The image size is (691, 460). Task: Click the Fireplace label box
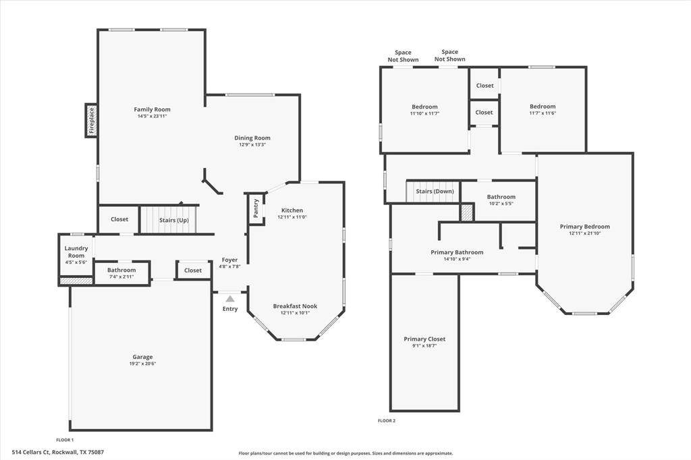[x=91, y=120]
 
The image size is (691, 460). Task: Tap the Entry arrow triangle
[x=230, y=299]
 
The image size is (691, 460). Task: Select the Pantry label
[x=256, y=208]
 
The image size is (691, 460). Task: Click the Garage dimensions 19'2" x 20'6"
[x=142, y=364]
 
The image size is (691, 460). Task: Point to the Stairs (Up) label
[x=174, y=220]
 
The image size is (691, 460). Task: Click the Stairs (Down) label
[x=435, y=192]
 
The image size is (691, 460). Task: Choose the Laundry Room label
[x=76, y=252]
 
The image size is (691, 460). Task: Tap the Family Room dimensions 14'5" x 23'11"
[x=152, y=116]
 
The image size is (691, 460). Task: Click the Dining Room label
[x=252, y=138]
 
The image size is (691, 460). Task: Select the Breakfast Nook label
[x=295, y=306]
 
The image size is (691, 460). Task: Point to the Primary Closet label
[x=424, y=339]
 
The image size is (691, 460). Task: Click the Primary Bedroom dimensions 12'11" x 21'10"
[x=585, y=233]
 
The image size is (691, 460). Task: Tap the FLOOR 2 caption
[x=387, y=421]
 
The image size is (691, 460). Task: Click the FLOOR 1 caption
[x=65, y=440]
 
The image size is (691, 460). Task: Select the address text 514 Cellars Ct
[x=31, y=452]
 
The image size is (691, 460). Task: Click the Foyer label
[x=229, y=260]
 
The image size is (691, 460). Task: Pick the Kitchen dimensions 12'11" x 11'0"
[x=292, y=217]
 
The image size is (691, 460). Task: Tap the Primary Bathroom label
[x=457, y=252]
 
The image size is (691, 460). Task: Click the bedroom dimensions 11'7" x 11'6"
[x=543, y=113]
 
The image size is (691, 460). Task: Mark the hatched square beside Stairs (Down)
[x=467, y=212]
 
